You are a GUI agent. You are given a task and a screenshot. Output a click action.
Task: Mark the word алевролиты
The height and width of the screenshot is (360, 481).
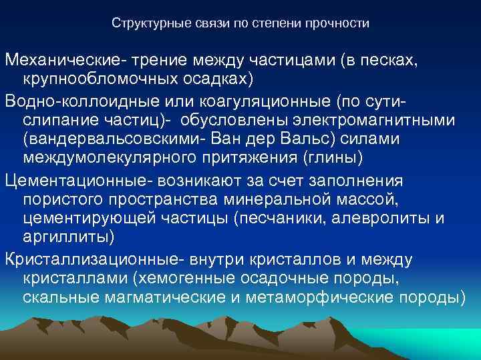384,218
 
